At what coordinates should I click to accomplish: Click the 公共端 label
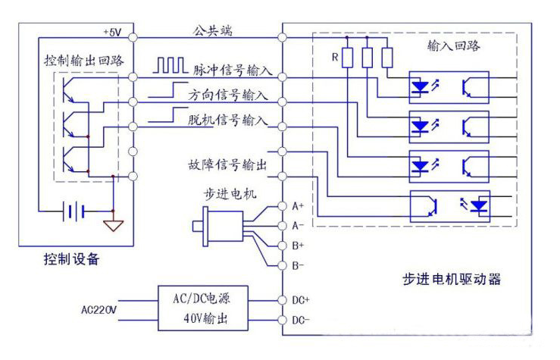coord(211,30)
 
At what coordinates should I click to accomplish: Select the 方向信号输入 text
coord(227,96)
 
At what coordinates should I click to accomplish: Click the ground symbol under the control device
coord(113,225)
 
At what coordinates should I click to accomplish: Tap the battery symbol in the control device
coord(74,211)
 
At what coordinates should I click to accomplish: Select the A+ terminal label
coord(298,206)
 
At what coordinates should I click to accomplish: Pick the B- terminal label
coord(298,265)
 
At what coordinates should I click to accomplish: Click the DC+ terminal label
coord(300,300)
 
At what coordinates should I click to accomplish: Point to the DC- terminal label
coord(300,321)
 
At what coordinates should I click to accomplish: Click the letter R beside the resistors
coord(334,57)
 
